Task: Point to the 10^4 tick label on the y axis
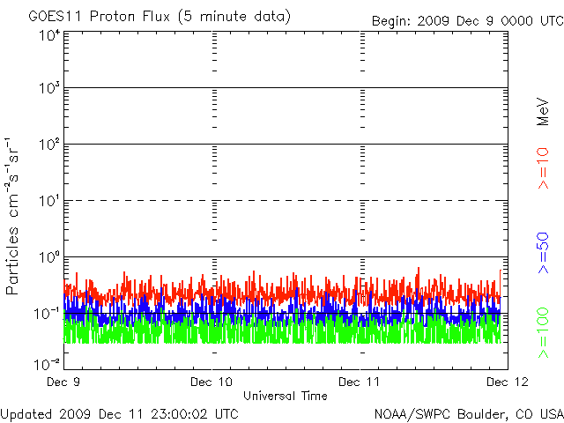(x=48, y=35)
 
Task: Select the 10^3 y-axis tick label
(x=48, y=90)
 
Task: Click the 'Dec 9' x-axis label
(x=64, y=382)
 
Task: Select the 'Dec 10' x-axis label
(x=211, y=382)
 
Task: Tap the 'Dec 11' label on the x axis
(x=360, y=382)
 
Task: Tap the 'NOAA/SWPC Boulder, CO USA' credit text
(x=468, y=412)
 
